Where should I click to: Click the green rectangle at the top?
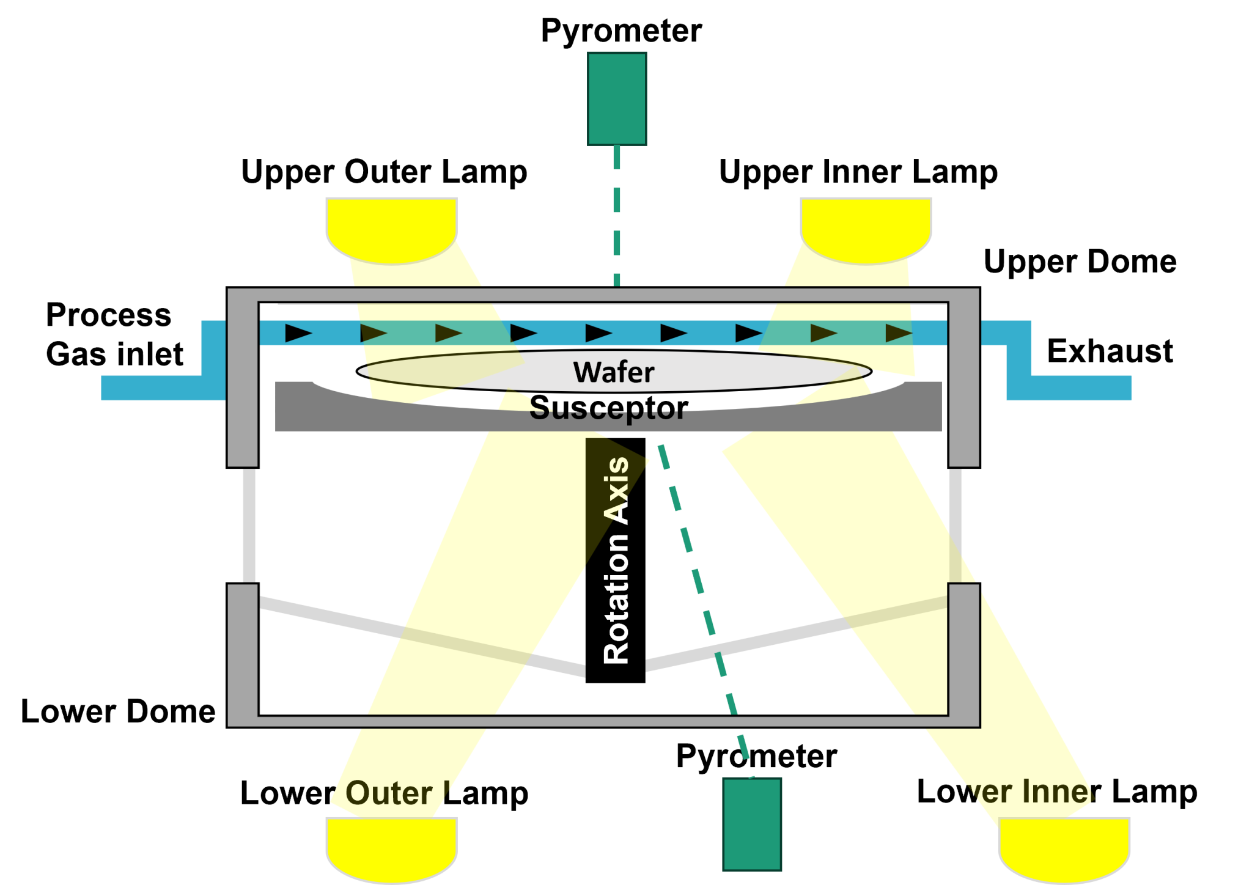[616, 98]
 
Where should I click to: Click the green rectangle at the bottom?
[751, 823]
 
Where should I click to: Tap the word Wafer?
[613, 372]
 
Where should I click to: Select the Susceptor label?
[608, 408]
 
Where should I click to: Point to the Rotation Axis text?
[616, 560]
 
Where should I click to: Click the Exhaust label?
[1110, 351]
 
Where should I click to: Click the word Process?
[109, 315]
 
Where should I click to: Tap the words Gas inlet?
[115, 354]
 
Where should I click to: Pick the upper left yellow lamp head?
[391, 230]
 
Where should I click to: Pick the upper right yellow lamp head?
[866, 230]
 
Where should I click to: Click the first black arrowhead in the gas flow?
[298, 333]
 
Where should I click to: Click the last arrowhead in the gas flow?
[898, 333]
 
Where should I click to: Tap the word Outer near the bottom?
[389, 793]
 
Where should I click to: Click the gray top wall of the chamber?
[603, 295]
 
